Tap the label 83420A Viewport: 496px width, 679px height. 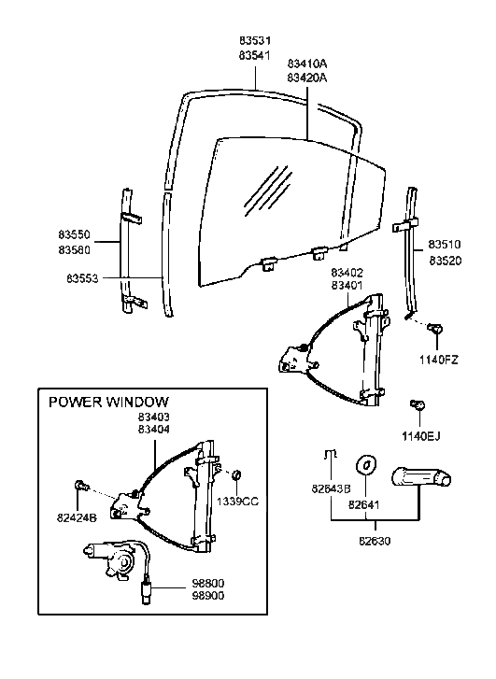pyautogui.click(x=307, y=78)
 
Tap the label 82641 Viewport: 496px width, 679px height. pyautogui.click(x=364, y=504)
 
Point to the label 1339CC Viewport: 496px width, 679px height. pyautogui.click(x=237, y=501)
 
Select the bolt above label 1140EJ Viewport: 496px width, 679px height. pyautogui.click(x=419, y=403)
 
